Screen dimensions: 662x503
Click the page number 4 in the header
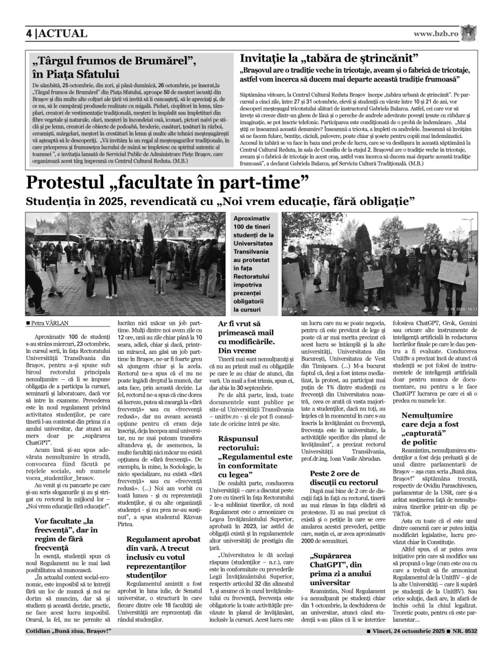[x=30, y=34]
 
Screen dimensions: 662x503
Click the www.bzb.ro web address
[x=436, y=34]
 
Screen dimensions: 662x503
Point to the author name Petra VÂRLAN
[x=50, y=323]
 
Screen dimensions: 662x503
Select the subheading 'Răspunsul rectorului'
[x=255, y=457]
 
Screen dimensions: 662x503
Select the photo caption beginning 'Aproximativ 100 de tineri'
[x=254, y=264]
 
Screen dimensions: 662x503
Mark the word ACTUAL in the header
[x=63, y=34]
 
